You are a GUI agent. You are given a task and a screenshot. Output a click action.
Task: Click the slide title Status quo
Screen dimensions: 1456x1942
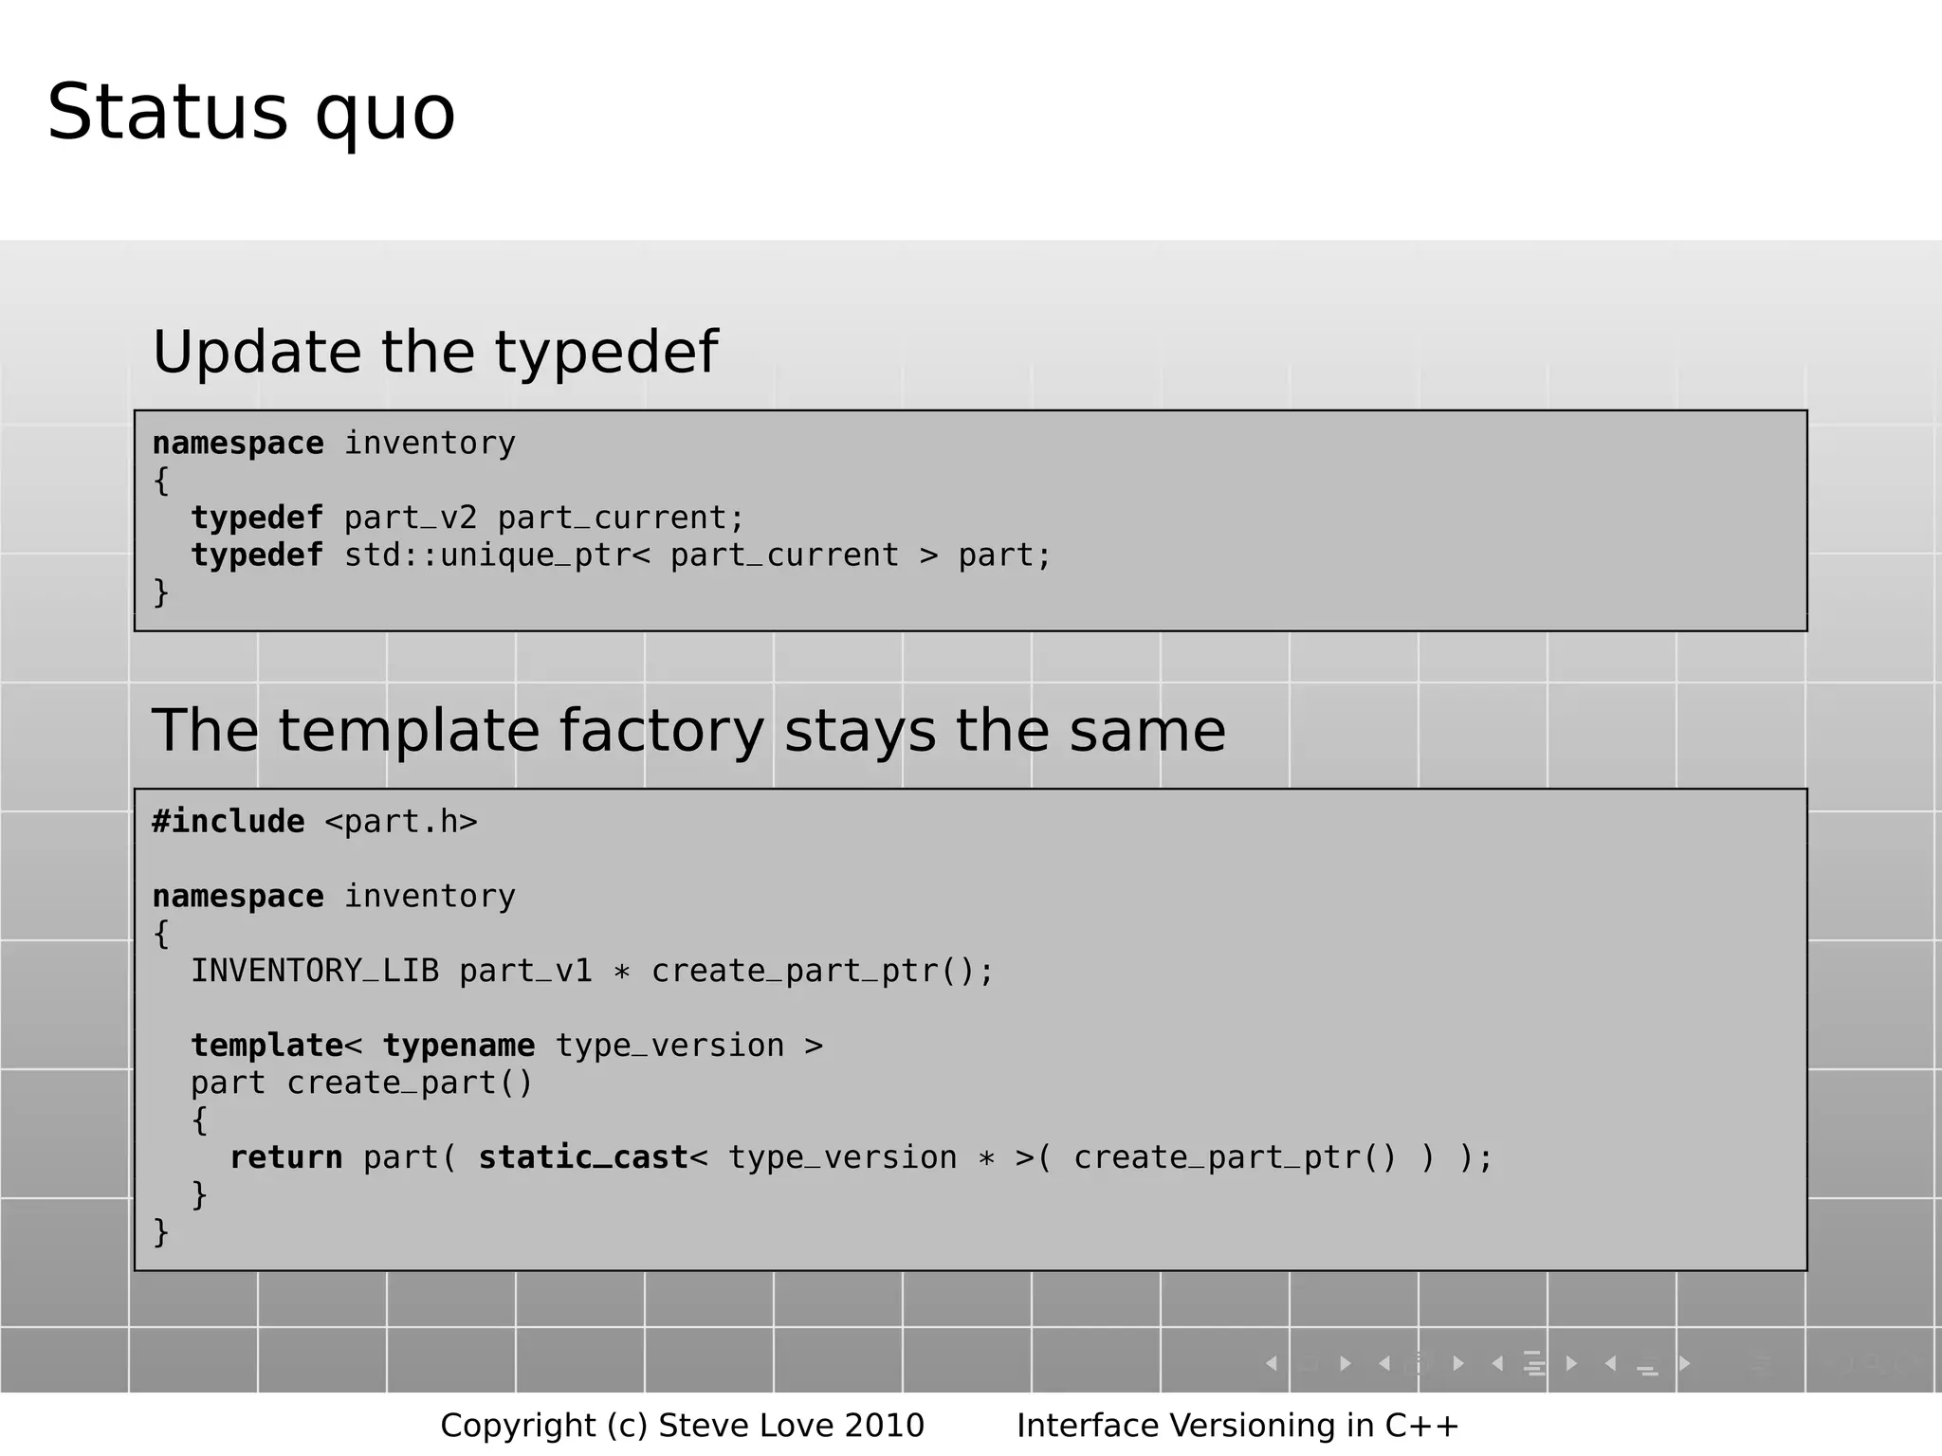tap(251, 114)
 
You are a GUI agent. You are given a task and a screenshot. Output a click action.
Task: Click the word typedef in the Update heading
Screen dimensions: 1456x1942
tap(606, 353)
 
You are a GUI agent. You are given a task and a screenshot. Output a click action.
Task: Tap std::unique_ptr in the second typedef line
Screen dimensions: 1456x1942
tap(487, 555)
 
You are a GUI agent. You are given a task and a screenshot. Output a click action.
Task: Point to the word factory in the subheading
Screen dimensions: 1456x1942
tap(661, 731)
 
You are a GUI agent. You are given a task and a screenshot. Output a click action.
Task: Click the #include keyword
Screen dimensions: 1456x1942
tap(229, 822)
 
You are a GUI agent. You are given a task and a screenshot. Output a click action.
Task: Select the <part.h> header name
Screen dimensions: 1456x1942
tap(401, 822)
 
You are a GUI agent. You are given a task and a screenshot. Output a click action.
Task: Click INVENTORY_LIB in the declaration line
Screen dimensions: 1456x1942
tap(315, 972)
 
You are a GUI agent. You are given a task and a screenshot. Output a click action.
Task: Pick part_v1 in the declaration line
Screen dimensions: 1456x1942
tap(525, 972)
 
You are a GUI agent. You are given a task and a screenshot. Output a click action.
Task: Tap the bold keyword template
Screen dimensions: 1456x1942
tap(267, 1046)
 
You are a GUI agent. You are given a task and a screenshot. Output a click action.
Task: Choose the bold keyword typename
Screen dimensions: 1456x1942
tap(459, 1046)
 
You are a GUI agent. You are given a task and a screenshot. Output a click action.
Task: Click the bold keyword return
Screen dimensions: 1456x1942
tap(286, 1157)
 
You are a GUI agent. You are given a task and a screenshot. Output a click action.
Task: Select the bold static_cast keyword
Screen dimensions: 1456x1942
tap(583, 1157)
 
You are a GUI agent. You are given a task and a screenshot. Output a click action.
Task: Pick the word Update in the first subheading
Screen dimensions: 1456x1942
tap(257, 353)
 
